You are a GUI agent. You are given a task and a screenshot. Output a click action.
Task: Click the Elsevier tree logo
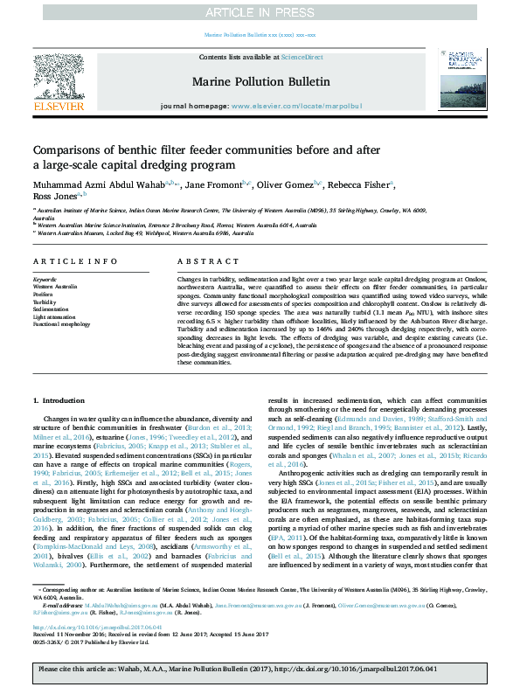[57, 80]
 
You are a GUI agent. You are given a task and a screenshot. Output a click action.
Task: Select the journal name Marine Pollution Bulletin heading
[260, 81]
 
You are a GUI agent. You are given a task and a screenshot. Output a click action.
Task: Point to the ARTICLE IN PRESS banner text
[260, 11]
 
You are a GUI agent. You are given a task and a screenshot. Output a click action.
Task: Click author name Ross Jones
[54, 197]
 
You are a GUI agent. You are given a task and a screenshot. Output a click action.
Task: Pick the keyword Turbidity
[47, 302]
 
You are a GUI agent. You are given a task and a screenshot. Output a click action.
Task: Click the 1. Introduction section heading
[59, 399]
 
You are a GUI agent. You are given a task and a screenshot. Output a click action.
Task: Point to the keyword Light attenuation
[55, 316]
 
